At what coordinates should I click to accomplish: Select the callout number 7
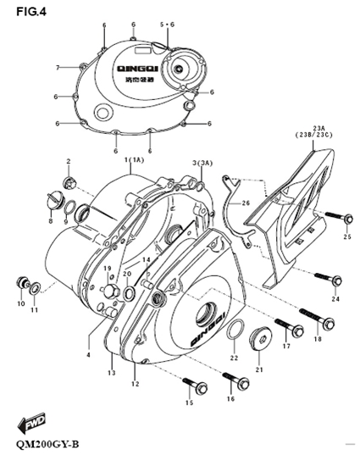(58, 67)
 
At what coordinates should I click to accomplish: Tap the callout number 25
(346, 237)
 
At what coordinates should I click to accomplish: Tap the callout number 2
(69, 160)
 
